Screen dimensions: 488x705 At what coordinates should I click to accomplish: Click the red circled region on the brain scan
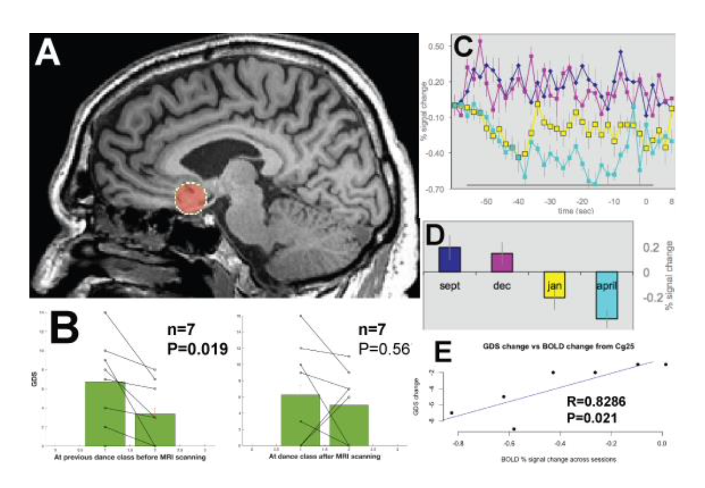tap(191, 199)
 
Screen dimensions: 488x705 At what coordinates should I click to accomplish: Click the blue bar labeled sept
tap(449, 259)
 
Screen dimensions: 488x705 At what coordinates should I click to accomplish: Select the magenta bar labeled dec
tap(501, 262)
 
